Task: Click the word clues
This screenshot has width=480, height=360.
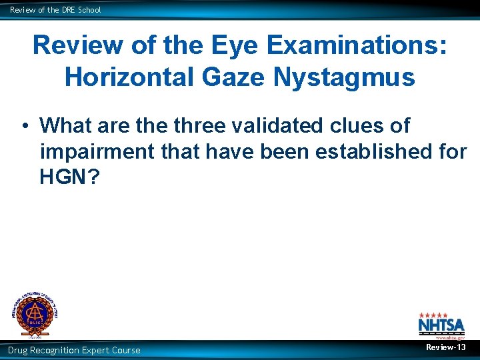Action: pos(381,125)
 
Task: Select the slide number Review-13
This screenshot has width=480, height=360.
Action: pos(446,348)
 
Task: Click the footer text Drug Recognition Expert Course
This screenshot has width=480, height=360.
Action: pos(74,350)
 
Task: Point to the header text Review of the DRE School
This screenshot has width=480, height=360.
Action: pos(55,10)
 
